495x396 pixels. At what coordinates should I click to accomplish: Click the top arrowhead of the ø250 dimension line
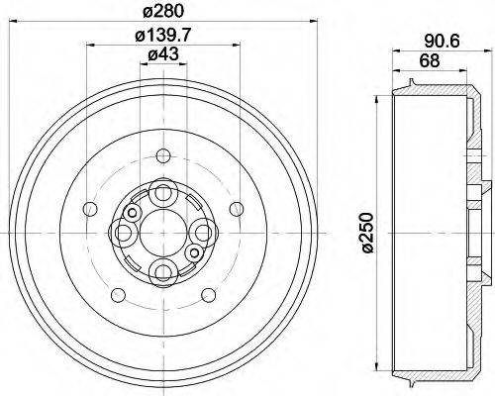(378, 99)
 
